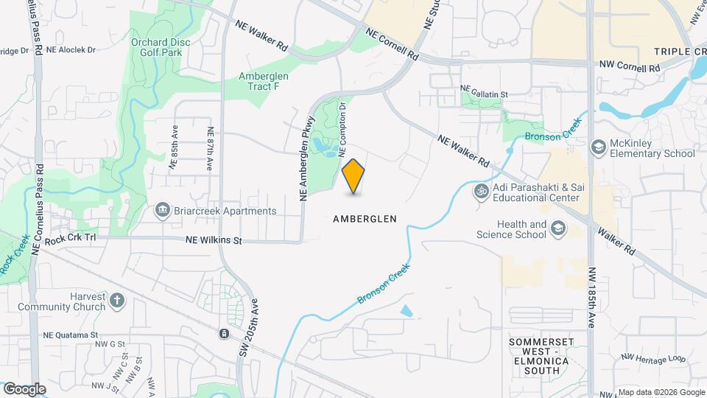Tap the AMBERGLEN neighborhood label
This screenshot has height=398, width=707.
click(x=365, y=219)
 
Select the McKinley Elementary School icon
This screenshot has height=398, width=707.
click(x=599, y=147)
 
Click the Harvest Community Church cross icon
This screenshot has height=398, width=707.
click(x=117, y=301)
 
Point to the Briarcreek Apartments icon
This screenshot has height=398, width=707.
click(x=161, y=211)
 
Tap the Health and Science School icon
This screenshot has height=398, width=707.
click(x=559, y=229)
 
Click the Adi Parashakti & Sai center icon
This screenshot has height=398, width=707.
click(x=481, y=192)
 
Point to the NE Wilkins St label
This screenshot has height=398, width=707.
click(x=214, y=240)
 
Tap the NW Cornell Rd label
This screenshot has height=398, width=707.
click(x=629, y=67)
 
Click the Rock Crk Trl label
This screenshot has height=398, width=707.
click(x=71, y=239)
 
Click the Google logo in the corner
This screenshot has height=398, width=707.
click(x=24, y=388)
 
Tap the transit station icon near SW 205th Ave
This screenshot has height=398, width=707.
click(x=224, y=334)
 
